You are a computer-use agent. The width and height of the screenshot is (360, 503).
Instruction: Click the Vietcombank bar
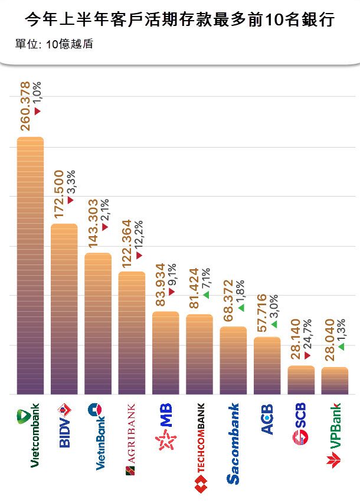(30, 265)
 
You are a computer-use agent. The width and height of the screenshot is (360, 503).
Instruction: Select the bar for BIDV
(64, 309)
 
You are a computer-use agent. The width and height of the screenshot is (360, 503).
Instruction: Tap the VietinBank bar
(98, 323)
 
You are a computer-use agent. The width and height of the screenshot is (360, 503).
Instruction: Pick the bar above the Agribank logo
(132, 332)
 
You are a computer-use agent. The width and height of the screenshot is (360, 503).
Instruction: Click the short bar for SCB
(301, 380)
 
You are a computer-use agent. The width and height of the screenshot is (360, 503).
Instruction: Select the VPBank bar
(335, 380)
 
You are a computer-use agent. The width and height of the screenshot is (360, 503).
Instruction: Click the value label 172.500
(60, 194)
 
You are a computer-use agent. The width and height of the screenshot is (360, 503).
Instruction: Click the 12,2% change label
(139, 233)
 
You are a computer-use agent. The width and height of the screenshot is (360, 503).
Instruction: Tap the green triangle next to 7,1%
(206, 295)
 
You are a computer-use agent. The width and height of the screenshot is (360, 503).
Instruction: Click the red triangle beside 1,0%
(37, 111)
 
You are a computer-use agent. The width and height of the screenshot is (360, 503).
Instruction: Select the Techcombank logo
(200, 448)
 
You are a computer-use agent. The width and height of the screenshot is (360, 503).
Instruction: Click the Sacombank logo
(234, 443)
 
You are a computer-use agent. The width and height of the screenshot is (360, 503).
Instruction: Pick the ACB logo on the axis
(267, 420)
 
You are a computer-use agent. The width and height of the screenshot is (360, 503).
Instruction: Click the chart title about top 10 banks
(180, 21)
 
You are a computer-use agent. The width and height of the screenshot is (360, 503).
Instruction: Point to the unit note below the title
(54, 45)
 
